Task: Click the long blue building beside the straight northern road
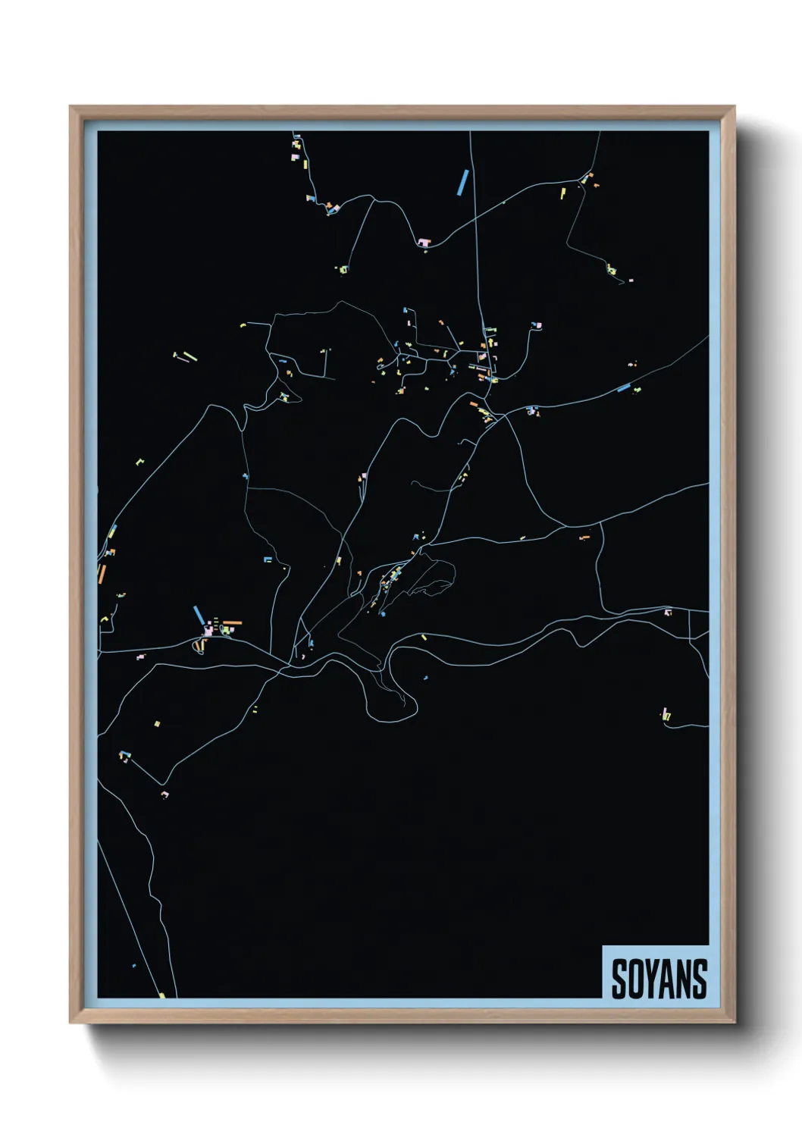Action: (462, 183)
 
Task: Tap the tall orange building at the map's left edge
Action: (102, 574)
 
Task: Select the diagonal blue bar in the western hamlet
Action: (199, 615)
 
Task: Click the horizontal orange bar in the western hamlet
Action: (231, 622)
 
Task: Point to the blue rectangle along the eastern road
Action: (624, 389)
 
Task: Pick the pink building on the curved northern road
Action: (424, 243)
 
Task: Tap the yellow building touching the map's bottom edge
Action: (161, 995)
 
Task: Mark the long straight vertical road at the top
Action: (475, 227)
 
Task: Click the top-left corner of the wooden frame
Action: (71, 108)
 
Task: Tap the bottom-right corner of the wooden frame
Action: (733, 1021)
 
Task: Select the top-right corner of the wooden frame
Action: (733, 108)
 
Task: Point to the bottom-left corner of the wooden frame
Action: (71, 1021)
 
